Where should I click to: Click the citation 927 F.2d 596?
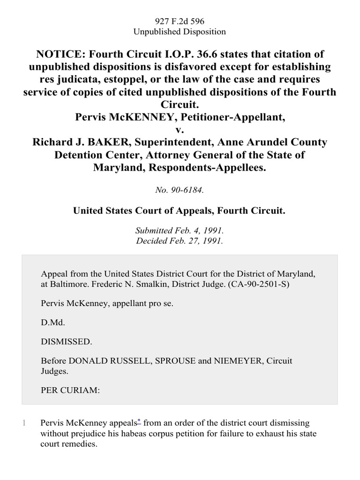coord(180,21)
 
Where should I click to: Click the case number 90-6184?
coord(180,190)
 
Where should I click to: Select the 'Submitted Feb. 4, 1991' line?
coord(180,231)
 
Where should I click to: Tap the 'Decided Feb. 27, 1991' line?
coord(180,241)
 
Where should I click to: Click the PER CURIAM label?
coord(70,390)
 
